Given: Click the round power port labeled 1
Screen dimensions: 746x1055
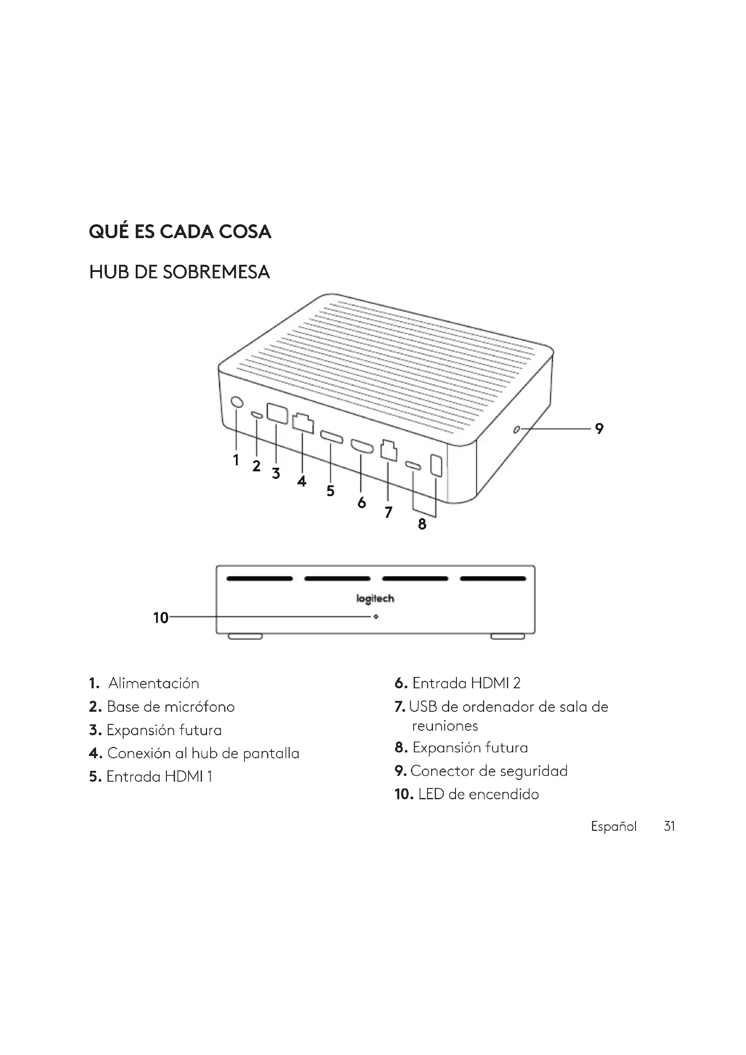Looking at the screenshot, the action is click(237, 402).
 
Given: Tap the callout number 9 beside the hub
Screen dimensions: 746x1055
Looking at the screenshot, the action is click(599, 428).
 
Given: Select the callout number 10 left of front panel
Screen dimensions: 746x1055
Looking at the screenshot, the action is click(161, 618).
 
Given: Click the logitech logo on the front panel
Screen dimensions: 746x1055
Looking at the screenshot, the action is click(375, 599).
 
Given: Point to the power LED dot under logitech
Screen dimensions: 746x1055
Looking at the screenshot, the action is click(376, 617).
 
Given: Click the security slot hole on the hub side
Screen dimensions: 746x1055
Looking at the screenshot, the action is click(516, 430).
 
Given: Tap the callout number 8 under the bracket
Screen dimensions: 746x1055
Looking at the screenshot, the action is click(422, 524).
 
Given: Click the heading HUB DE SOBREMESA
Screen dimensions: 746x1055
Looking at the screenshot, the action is click(179, 272).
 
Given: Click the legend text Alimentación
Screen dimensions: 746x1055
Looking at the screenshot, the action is click(153, 683).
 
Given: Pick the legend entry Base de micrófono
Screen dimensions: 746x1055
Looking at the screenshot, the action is click(170, 706).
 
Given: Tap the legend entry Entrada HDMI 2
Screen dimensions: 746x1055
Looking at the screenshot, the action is click(466, 683).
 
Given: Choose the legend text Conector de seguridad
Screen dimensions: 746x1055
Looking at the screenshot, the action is click(489, 770).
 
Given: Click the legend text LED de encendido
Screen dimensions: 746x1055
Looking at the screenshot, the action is click(478, 794).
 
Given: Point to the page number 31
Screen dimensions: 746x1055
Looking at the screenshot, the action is click(669, 826).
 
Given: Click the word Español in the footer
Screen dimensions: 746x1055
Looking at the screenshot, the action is click(613, 826).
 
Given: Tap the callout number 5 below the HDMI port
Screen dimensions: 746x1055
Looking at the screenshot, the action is click(330, 491).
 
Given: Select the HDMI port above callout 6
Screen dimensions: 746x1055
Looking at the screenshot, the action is click(362, 446).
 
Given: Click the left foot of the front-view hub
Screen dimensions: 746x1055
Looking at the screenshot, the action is click(245, 636).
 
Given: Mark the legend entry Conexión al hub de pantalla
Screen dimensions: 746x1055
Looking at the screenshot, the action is click(203, 753).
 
